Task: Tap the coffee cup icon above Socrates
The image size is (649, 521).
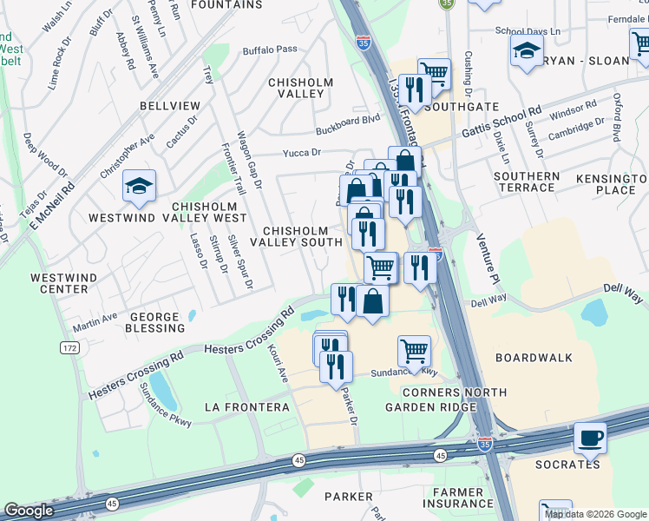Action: pyautogui.click(x=590, y=439)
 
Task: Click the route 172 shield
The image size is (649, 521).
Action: pyautogui.click(x=69, y=347)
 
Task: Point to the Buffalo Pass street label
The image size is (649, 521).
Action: pyautogui.click(x=270, y=50)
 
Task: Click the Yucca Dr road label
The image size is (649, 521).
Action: pyautogui.click(x=301, y=153)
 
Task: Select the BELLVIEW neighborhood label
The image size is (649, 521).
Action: pyautogui.click(x=169, y=106)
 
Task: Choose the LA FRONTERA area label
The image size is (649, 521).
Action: pyautogui.click(x=246, y=406)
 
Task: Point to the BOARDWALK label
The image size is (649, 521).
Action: pyautogui.click(x=534, y=357)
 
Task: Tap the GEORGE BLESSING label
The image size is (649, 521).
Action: pyautogui.click(x=156, y=322)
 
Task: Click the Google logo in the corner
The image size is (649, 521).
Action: pyautogui.click(x=29, y=511)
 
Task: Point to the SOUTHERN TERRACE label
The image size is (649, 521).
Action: pyautogui.click(x=527, y=182)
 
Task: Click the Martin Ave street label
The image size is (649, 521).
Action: pyautogui.click(x=95, y=324)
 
